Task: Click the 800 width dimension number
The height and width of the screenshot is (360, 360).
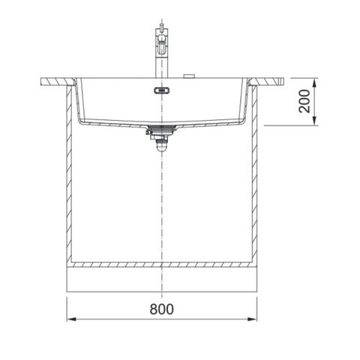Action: [x=161, y=309]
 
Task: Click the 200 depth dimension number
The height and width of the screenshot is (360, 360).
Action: [x=304, y=101]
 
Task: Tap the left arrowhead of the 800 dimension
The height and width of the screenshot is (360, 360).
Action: [x=71, y=319]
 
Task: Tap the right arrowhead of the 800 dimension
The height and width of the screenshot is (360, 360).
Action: [x=252, y=319]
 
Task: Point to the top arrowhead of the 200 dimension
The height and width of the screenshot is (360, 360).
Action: [x=315, y=82]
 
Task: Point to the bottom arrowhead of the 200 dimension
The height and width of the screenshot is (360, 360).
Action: [x=315, y=121]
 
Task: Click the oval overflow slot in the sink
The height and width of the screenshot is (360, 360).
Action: [x=161, y=90]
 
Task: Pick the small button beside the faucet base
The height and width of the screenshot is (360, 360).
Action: [x=189, y=76]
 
